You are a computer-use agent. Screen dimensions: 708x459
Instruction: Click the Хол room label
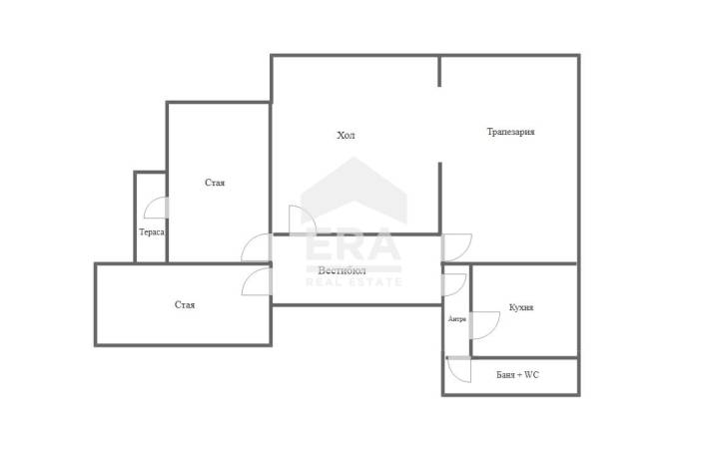point(346,135)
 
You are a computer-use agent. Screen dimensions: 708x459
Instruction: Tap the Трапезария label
point(510,132)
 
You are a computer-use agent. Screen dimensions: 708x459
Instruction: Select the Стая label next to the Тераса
point(215,183)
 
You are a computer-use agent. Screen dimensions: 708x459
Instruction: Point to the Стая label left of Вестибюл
point(185,305)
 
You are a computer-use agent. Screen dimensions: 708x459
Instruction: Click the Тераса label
point(152,232)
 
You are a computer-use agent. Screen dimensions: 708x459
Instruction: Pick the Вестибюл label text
point(342,270)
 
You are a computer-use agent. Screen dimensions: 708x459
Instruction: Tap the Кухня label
point(521,307)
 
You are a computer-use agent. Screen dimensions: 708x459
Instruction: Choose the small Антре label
point(457,319)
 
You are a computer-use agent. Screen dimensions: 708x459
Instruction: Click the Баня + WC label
point(517,374)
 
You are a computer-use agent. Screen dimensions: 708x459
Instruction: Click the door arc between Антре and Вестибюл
point(460,288)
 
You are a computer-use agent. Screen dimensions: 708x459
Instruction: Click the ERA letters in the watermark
point(354,245)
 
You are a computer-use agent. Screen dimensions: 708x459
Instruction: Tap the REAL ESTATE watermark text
point(354,282)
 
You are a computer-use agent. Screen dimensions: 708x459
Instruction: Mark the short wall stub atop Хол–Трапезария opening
point(439,71)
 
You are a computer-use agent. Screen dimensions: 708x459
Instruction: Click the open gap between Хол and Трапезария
point(439,125)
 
